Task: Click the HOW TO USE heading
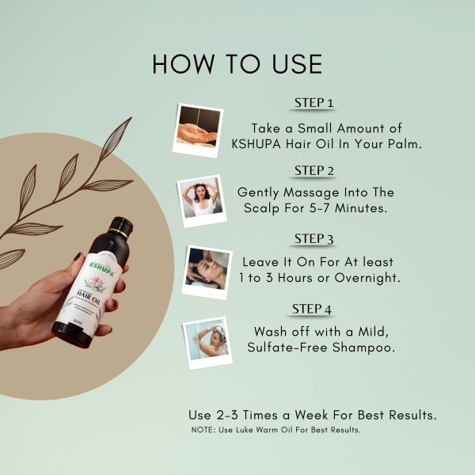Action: pyautogui.click(x=237, y=63)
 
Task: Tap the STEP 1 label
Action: pyautogui.click(x=314, y=103)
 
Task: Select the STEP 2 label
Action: pyautogui.click(x=314, y=170)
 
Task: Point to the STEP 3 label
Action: pyautogui.click(x=314, y=238)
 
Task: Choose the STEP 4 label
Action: pyautogui.click(x=314, y=307)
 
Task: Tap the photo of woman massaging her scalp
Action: pyautogui.click(x=200, y=198)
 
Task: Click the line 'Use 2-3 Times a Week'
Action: pyautogui.click(x=313, y=415)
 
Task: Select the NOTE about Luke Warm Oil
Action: pyautogui.click(x=276, y=430)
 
